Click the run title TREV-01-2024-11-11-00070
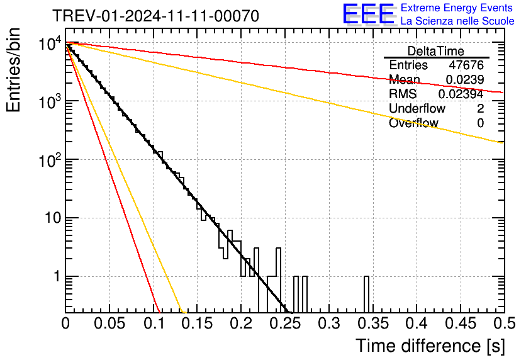tap(156, 16)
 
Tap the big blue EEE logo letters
tap(368, 14)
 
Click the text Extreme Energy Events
tap(457, 8)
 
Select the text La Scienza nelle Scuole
tap(457, 21)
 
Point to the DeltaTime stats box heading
tap(436, 51)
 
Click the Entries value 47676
tap(466, 65)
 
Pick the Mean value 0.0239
tap(465, 79)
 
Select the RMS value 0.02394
tap(461, 94)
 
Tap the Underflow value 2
tap(480, 108)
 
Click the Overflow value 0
tap(480, 123)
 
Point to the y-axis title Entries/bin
tap(13, 70)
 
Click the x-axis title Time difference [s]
tap(430, 346)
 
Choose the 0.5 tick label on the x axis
tap(505, 323)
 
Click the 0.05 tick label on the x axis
tap(109, 323)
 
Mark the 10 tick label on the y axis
tap(53, 218)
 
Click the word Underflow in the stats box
tap(417, 108)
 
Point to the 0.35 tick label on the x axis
tap(373, 323)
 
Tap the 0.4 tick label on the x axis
tap(417, 323)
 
